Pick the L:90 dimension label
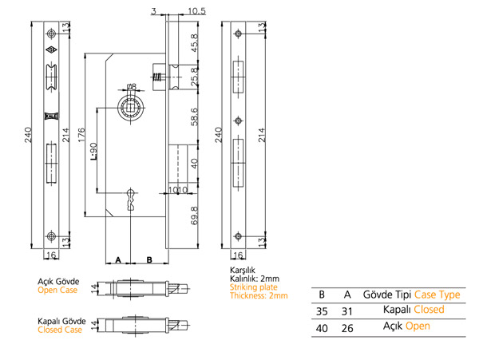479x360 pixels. (93, 150)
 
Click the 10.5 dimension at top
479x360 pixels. (196, 11)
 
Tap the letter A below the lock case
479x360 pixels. (117, 260)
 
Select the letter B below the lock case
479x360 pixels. (148, 260)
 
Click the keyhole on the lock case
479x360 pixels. (130, 199)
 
